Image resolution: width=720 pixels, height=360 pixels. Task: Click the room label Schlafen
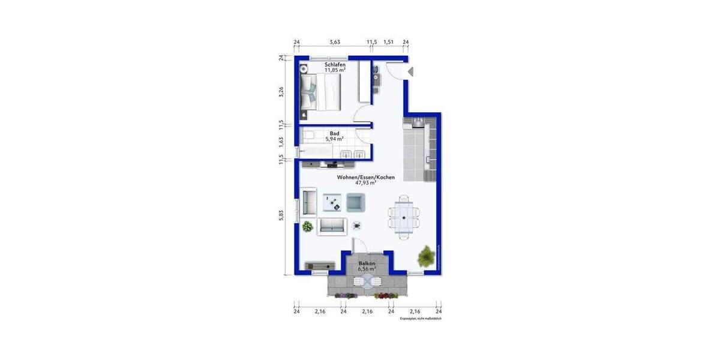coord(335,64)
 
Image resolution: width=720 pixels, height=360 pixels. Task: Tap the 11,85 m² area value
coord(335,70)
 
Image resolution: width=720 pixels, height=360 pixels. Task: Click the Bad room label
coord(335,133)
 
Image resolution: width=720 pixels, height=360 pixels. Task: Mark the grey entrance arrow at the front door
coord(411,72)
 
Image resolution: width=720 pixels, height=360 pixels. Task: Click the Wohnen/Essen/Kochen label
coord(357,177)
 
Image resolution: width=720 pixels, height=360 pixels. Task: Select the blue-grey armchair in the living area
coord(356,202)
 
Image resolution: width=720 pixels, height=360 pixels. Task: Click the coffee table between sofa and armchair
coord(332,202)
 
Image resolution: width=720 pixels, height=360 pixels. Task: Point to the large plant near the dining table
coord(426,256)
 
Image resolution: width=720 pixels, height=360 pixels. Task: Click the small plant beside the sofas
coord(308,226)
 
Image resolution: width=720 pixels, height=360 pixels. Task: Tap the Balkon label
coord(367,263)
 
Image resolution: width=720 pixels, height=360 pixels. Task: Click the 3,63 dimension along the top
coord(335,42)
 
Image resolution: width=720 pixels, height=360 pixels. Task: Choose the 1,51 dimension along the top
coord(388,42)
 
